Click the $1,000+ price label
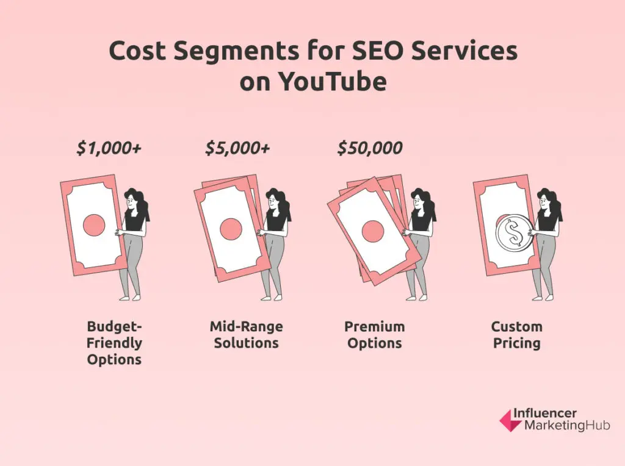(x=110, y=148)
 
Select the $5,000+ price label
(x=238, y=148)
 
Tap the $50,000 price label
(x=370, y=148)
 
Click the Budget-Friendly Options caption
(x=114, y=343)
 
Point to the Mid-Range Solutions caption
(x=246, y=334)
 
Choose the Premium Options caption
(x=374, y=334)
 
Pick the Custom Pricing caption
(x=516, y=334)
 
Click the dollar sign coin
(x=510, y=235)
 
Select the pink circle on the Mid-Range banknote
(x=231, y=229)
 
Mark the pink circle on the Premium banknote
(x=372, y=231)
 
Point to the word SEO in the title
(x=377, y=52)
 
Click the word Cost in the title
(x=137, y=52)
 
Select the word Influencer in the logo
(x=545, y=413)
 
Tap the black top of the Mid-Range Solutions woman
(x=276, y=221)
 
